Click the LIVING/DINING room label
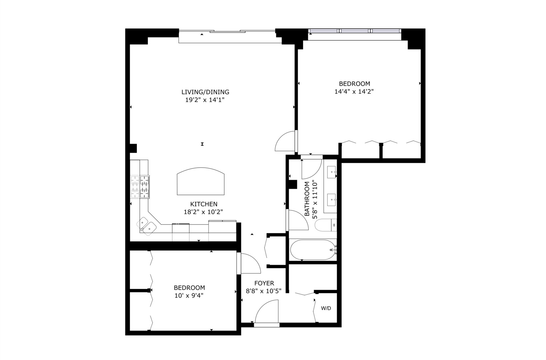click(x=205, y=92)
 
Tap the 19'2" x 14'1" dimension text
click(x=205, y=100)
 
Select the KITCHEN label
click(x=204, y=204)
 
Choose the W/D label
click(x=326, y=308)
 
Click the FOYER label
click(x=264, y=283)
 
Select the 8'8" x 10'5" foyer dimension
click(x=264, y=291)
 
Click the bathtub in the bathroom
click(x=312, y=250)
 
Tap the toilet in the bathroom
click(x=325, y=225)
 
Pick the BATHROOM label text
click(x=307, y=199)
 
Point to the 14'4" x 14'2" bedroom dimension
click(x=354, y=91)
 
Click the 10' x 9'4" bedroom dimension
click(x=189, y=295)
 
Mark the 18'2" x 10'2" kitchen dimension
click(x=203, y=211)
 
